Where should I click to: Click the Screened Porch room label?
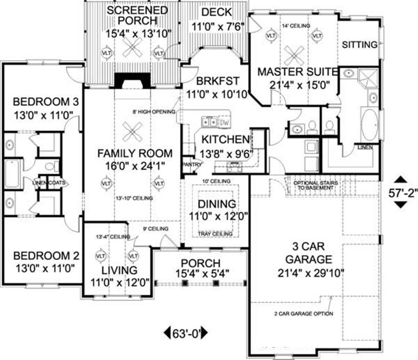(132, 15)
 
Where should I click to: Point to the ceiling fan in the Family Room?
(133, 132)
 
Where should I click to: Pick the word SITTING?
(360, 45)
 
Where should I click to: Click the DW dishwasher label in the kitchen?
(224, 122)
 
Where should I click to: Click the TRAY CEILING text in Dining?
(217, 234)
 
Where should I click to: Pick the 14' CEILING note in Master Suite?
(296, 26)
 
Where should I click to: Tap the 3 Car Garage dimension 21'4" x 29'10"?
(310, 273)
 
